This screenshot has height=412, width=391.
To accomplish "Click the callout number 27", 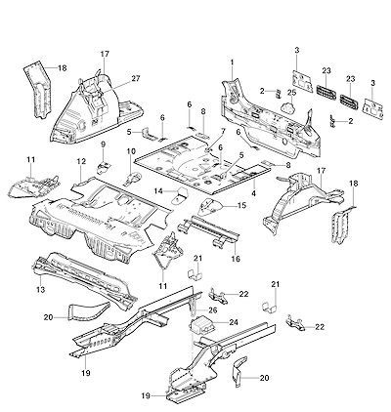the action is [136, 78].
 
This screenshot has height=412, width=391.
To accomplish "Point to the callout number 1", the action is [232, 62].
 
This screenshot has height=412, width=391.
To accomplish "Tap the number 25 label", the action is [291, 92].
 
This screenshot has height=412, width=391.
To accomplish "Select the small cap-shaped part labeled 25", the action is [288, 106].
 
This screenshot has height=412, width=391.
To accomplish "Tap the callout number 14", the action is [158, 191].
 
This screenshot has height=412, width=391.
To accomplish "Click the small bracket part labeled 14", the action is [178, 196].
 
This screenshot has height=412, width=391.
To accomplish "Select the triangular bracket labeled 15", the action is [210, 207].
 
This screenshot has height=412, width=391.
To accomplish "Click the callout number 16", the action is [236, 259].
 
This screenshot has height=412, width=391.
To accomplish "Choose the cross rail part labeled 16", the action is [208, 229].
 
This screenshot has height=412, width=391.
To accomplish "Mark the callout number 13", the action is [40, 289].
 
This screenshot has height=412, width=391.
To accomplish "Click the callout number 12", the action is [81, 161].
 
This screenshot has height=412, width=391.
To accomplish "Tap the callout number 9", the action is [103, 144].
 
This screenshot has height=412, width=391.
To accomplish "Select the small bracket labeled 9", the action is [103, 166].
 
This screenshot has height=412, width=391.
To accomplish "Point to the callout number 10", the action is [131, 151].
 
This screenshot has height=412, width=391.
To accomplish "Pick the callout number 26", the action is [212, 310].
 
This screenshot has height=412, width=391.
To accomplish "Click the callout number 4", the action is [253, 193].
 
